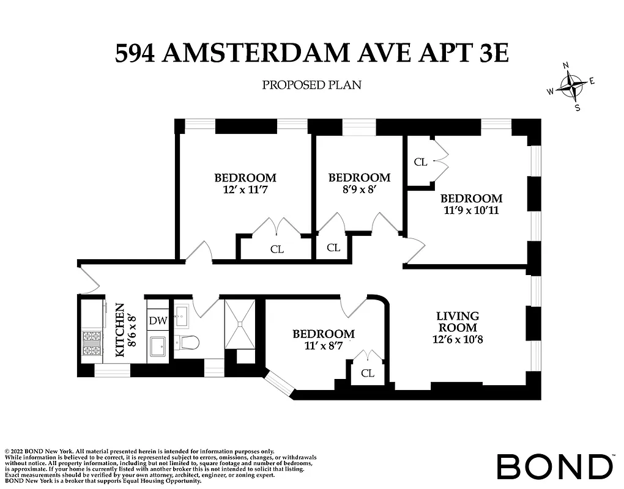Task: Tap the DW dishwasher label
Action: click(157, 320)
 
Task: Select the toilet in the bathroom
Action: click(186, 344)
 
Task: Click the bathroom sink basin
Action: click(183, 314)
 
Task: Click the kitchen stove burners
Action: click(92, 343)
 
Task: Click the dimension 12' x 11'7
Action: click(245, 190)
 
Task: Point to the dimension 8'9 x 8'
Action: click(359, 190)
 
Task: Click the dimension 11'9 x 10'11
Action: click(471, 210)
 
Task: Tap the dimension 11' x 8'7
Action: click(323, 346)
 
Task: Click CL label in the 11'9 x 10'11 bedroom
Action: click(420, 162)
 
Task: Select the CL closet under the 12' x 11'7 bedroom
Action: click(277, 249)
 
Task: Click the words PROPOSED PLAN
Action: click(311, 85)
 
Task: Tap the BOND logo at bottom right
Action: click(554, 467)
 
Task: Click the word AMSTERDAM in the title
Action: click(264, 53)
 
